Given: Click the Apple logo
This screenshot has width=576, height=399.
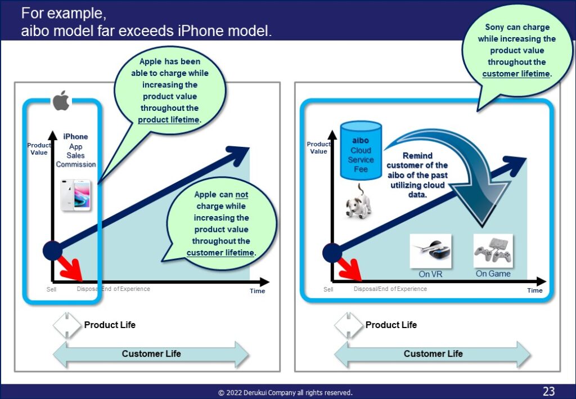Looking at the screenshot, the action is click(x=61, y=100).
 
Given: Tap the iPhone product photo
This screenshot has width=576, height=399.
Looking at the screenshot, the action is click(x=76, y=195).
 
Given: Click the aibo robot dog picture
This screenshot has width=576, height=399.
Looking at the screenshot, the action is click(x=358, y=201).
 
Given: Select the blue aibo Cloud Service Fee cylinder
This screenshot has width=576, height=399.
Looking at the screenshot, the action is click(x=361, y=151).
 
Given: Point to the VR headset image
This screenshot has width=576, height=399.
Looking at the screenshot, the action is click(x=430, y=251).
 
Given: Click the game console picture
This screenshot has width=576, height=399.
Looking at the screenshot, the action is click(x=493, y=251).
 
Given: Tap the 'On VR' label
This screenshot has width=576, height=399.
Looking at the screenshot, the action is click(x=430, y=275).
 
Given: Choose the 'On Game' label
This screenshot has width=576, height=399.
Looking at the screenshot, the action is click(x=493, y=274).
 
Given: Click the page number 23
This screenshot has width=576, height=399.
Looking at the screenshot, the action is click(x=548, y=391).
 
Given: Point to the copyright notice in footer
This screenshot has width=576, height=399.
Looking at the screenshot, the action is click(x=285, y=393).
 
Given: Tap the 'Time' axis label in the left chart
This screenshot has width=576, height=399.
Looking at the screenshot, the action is click(x=257, y=291).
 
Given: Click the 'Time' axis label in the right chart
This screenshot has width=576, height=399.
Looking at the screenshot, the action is click(x=534, y=290).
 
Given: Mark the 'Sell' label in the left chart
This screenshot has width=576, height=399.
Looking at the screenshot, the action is click(x=51, y=289).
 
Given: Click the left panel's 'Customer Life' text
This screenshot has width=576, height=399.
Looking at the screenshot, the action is click(x=151, y=354).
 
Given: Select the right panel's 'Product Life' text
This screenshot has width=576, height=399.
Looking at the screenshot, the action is click(x=391, y=325).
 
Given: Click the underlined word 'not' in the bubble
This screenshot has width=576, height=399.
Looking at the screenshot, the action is click(x=242, y=195).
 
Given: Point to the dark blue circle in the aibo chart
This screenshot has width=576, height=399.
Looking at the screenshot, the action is click(x=332, y=253).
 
